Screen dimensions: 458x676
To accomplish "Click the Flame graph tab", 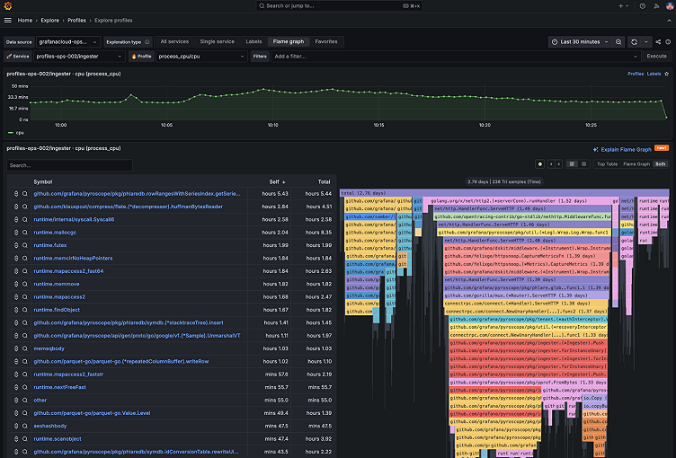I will [289, 41].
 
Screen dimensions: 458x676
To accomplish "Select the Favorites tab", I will [326, 41].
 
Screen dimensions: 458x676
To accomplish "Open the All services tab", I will [174, 41].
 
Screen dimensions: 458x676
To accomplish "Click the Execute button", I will [656, 56].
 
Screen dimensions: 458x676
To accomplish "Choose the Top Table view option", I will [607, 164].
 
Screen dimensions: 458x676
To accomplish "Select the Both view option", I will [661, 164].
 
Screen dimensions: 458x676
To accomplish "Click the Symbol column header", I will [43, 181].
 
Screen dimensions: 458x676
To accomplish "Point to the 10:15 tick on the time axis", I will [378, 125].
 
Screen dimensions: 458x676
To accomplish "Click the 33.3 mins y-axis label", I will [17, 97].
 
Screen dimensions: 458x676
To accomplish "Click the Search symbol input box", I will [70, 165].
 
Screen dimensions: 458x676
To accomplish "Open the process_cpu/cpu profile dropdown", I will [200, 56].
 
